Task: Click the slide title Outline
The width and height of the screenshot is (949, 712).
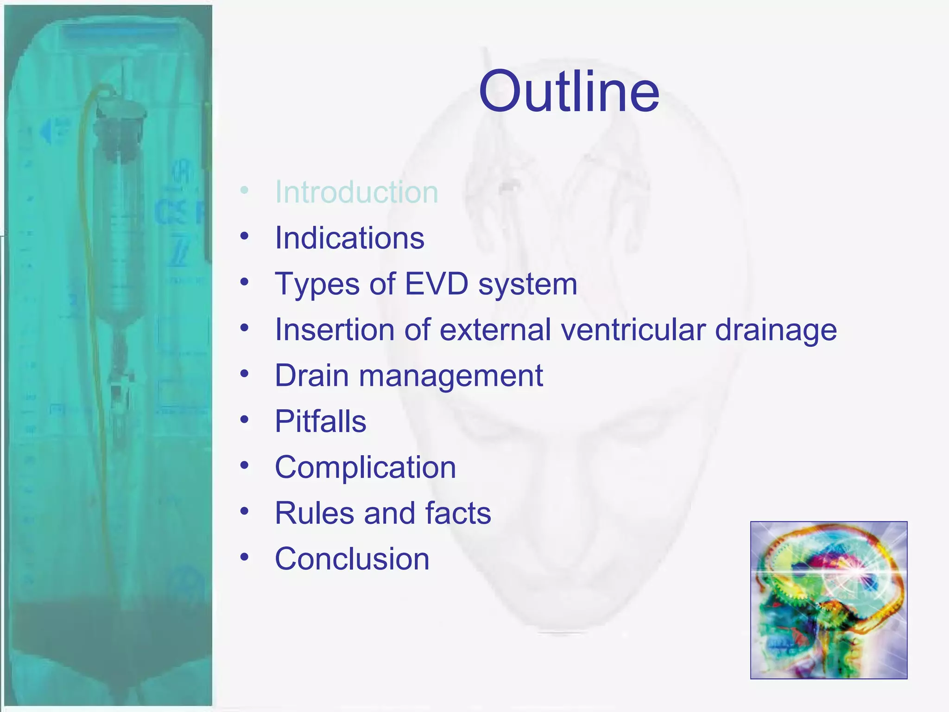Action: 569,91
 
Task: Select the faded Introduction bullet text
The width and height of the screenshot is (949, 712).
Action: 356,192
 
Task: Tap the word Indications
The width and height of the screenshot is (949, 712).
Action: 349,238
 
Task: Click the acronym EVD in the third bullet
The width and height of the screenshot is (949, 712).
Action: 437,284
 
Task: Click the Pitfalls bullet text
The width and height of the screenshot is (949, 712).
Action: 320,421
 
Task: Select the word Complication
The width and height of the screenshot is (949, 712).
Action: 365,467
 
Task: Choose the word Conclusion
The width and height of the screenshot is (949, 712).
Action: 352,559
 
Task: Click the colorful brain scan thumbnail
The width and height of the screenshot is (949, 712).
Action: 829,600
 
